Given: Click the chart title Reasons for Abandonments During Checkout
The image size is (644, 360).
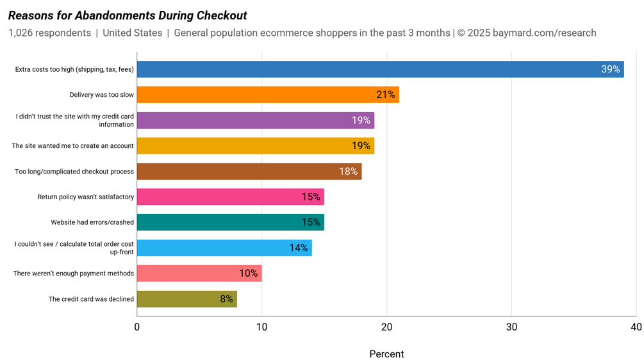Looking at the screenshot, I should click(128, 15).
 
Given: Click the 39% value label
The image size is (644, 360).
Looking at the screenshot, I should click(610, 69).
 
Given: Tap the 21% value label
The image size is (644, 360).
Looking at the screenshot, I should click(385, 95).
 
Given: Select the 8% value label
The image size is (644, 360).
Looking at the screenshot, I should click(226, 299).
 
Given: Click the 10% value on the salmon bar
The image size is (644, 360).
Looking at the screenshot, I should click(248, 274).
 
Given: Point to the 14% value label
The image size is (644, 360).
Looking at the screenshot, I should click(298, 248).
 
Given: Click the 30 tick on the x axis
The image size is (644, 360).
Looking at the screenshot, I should click(511, 327).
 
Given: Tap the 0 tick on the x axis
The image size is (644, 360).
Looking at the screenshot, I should click(136, 327).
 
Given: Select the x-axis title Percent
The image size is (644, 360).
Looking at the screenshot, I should click(386, 354).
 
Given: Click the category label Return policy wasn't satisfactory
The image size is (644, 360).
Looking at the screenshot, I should click(85, 197).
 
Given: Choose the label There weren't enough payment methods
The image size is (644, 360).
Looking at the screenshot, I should click(74, 274).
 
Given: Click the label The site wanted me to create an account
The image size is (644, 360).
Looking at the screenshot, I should click(72, 146).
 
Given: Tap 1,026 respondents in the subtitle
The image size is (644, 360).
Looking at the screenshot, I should click(49, 33).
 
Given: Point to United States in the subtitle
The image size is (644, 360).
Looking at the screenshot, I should click(132, 33).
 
